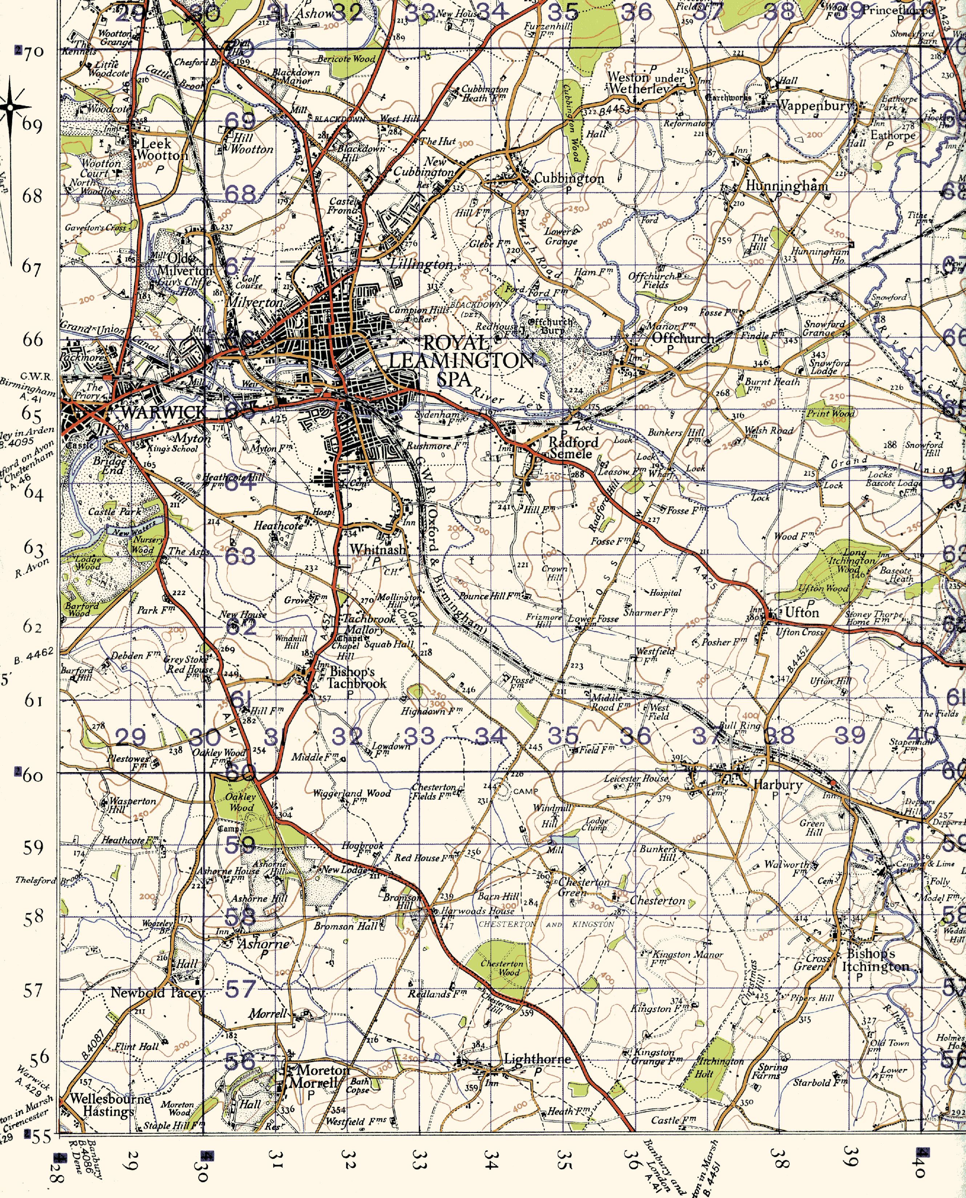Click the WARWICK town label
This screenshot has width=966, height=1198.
[162, 412]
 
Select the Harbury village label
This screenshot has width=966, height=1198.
[777, 785]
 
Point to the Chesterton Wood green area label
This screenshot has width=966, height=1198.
[502, 967]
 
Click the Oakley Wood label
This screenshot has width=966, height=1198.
[240, 802]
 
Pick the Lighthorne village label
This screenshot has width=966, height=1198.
[537, 1059]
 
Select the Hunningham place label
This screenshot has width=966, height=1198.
[786, 186]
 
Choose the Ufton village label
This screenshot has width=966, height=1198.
[801, 612]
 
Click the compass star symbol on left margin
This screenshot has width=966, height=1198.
[10, 107]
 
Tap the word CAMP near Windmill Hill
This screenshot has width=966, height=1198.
[525, 791]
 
